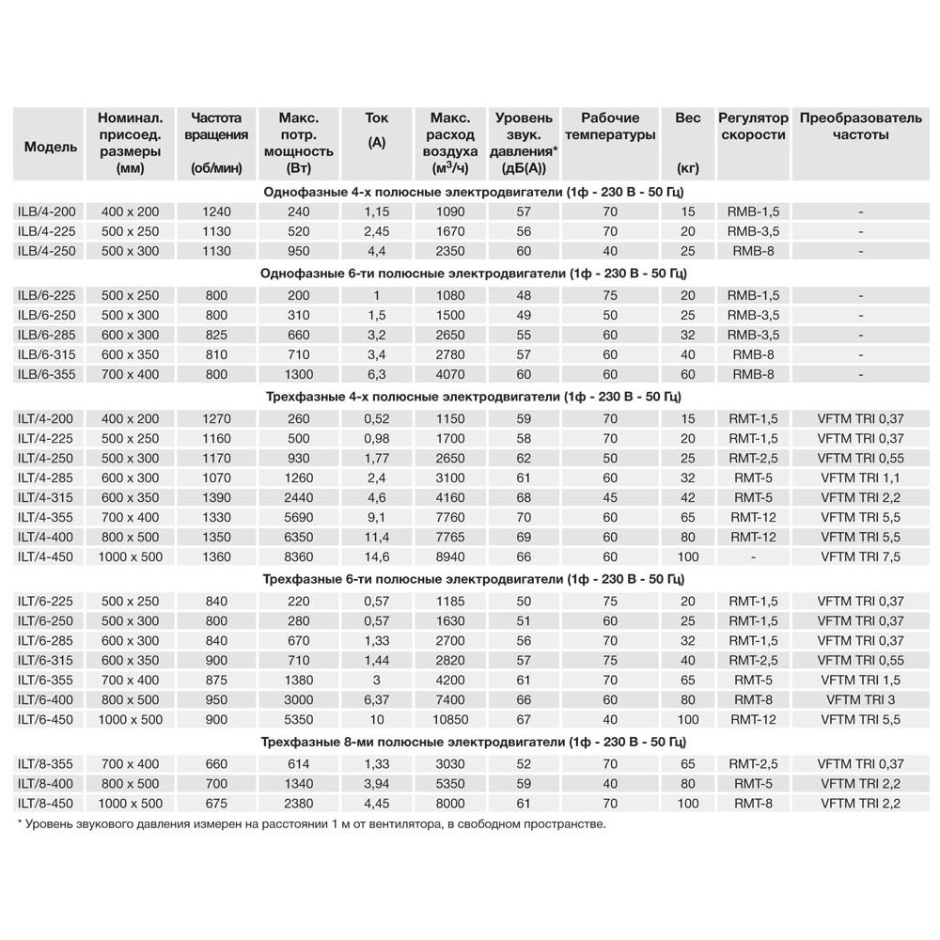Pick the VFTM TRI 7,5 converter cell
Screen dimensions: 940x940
(x=860, y=556)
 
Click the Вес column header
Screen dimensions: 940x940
(x=688, y=118)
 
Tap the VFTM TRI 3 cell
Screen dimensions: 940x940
(x=860, y=699)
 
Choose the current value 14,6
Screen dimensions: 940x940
(x=377, y=556)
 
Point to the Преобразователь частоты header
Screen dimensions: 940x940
(x=860, y=127)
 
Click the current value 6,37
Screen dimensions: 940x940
(x=377, y=699)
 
